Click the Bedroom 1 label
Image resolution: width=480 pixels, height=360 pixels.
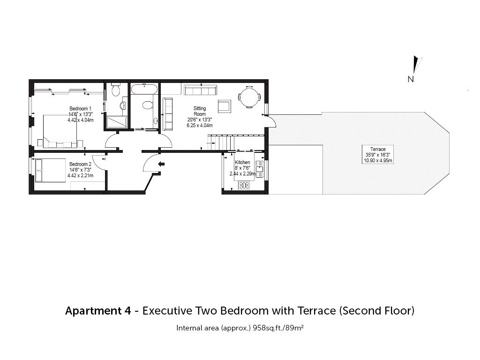tap(80, 109)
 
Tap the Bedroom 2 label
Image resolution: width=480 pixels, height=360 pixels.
tap(80, 165)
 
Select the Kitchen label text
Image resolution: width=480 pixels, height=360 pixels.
tap(242, 162)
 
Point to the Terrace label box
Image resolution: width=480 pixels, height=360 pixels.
tap(378, 155)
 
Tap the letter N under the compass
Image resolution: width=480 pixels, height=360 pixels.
tap(411, 79)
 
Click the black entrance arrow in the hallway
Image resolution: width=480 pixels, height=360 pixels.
tap(161, 164)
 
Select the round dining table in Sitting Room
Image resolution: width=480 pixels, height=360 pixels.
tap(249, 97)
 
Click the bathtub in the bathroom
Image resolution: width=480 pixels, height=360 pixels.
tap(144, 90)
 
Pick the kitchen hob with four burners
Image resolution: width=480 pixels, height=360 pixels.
tap(244, 185)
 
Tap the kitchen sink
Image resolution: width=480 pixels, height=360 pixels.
tap(260, 169)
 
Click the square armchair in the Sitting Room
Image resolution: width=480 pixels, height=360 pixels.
tap(225, 106)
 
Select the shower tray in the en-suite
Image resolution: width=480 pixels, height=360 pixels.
tap(117, 122)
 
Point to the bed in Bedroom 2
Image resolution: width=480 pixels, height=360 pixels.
tap(51, 170)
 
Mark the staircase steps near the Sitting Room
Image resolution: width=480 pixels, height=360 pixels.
tap(221, 142)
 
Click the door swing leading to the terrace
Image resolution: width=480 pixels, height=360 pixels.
tap(272, 121)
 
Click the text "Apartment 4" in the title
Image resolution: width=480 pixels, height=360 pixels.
tap(98, 311)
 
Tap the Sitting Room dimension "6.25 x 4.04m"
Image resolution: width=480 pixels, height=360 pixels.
tap(200, 126)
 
